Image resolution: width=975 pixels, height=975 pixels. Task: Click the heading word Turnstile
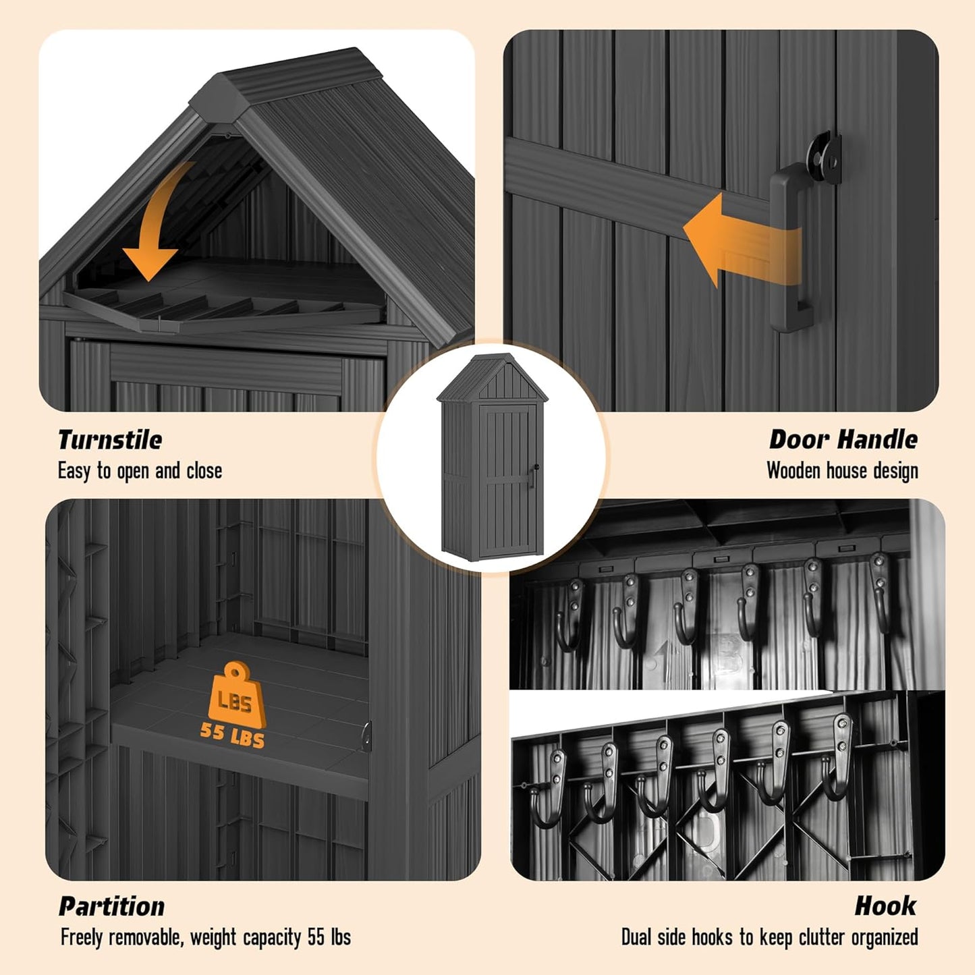click(x=110, y=440)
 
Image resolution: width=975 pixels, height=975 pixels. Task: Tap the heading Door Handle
click(x=843, y=440)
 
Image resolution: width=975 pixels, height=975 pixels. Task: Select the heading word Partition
click(x=112, y=906)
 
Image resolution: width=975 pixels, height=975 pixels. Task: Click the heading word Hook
click(x=885, y=906)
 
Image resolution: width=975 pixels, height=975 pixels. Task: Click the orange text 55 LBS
click(x=232, y=733)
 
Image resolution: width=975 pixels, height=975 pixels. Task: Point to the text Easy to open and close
click(x=140, y=471)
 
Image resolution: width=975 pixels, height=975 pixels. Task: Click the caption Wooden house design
click(x=842, y=471)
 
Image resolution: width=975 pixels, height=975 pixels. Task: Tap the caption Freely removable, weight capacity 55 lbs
click(x=205, y=937)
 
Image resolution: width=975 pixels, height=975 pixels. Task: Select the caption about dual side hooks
click(x=769, y=937)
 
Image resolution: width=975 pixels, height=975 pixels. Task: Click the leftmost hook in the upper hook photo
click(x=569, y=614)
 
